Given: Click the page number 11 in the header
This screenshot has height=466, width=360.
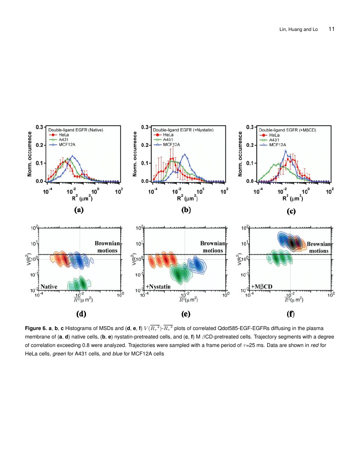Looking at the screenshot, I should [x=332, y=29].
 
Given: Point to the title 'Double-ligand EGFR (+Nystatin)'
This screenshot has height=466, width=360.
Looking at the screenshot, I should [x=183, y=129].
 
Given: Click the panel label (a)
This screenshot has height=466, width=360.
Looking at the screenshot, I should [x=78, y=209].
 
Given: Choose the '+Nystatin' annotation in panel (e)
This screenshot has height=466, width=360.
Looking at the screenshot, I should [x=158, y=286].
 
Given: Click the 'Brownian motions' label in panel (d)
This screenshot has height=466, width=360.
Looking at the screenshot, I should [x=108, y=247].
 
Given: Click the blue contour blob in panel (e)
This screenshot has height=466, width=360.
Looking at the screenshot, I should [x=197, y=264].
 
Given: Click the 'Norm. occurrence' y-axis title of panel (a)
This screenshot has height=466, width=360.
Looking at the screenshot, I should [x=30, y=154].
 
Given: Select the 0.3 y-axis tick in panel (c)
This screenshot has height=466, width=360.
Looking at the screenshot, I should [x=250, y=127].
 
